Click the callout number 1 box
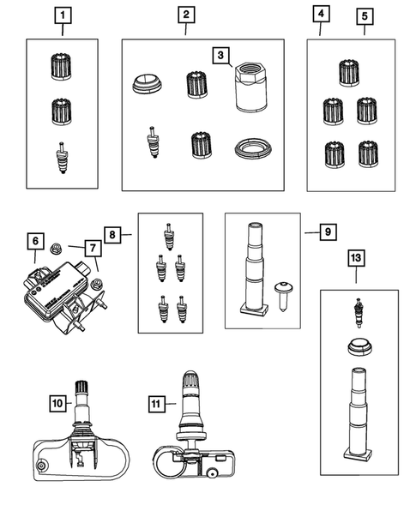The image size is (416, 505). [x=63, y=15]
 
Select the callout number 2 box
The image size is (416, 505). [x=186, y=15]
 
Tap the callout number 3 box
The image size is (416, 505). [x=221, y=56]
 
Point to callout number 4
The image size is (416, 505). [x=320, y=15]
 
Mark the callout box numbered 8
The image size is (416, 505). [x=113, y=232]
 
